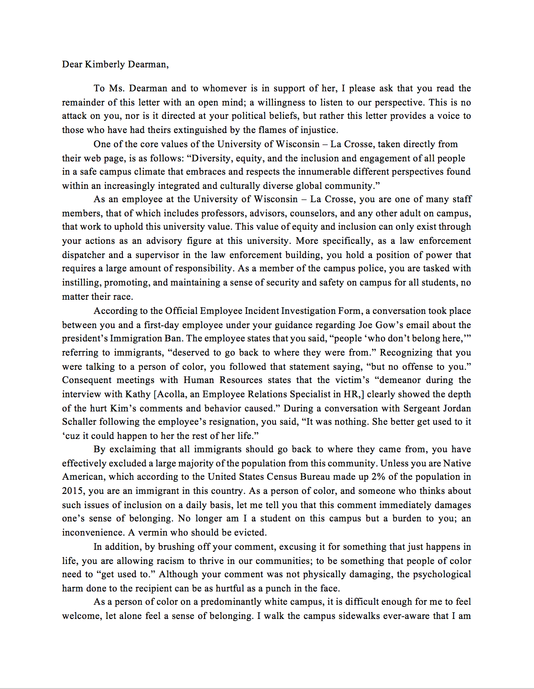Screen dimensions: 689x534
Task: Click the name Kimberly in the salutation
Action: click(x=105, y=64)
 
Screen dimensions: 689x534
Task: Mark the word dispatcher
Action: click(x=83, y=255)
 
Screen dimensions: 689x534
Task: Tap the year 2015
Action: click(x=72, y=491)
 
